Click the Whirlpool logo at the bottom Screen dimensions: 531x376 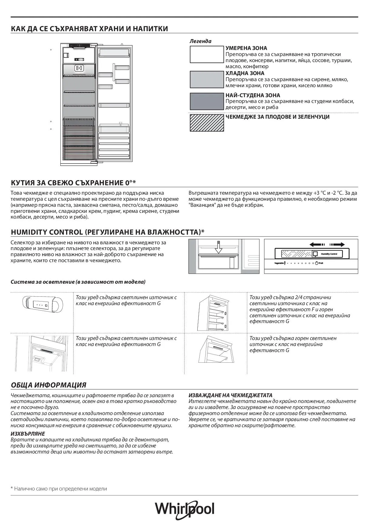185,510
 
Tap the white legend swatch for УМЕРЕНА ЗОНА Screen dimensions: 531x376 206,54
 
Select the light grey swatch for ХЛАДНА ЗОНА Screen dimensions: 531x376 206,79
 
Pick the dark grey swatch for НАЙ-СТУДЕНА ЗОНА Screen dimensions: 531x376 206,101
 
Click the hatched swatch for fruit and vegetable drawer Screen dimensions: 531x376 206,123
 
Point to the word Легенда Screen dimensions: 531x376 200,41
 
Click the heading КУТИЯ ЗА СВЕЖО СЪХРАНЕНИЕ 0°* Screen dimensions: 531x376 73,183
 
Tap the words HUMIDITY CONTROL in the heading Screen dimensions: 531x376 47,232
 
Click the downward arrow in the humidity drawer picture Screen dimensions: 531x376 218,247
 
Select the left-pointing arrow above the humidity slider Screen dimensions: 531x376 317,245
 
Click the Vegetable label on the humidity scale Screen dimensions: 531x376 279,263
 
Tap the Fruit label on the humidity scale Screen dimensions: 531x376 321,263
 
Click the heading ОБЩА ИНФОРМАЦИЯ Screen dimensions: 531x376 49,385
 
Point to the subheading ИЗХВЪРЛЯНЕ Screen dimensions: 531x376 28,434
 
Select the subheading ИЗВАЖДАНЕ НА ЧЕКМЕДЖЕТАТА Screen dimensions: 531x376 230,395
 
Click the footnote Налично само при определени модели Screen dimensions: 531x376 60,489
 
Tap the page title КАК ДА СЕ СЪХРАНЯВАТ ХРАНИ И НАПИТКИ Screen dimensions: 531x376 89,29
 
